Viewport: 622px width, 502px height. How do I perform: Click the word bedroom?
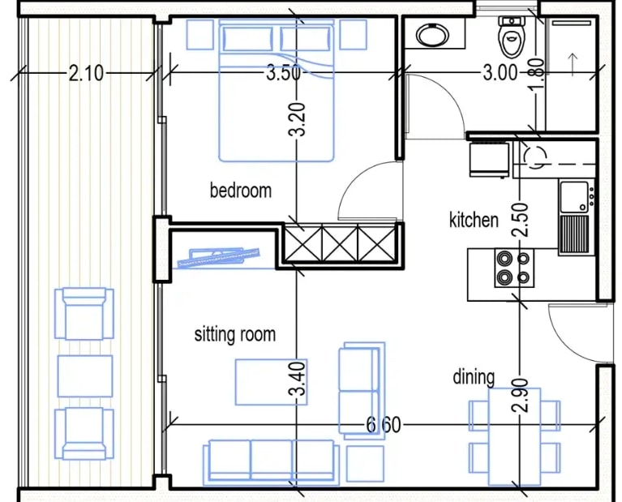click(x=240, y=190)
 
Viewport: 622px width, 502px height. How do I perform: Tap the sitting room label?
click(x=235, y=334)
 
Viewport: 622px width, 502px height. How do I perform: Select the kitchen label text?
click(x=474, y=220)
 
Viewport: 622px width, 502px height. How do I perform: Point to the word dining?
click(x=474, y=377)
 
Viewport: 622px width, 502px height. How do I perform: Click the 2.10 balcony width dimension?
click(x=86, y=74)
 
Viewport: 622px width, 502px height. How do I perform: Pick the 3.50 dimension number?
click(x=283, y=73)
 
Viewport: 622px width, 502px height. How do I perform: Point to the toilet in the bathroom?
click(x=512, y=36)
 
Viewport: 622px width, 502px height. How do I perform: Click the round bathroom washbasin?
click(x=432, y=35)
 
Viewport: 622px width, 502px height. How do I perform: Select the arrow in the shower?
click(x=573, y=63)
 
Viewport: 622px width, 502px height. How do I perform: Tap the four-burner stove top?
click(x=514, y=268)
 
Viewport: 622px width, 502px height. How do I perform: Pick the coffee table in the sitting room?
click(x=271, y=382)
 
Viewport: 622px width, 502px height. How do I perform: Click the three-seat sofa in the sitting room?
click(x=272, y=462)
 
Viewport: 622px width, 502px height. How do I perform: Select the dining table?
click(x=514, y=436)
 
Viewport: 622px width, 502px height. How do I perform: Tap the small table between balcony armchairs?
click(x=85, y=376)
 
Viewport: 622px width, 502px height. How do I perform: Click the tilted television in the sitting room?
click(x=218, y=258)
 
